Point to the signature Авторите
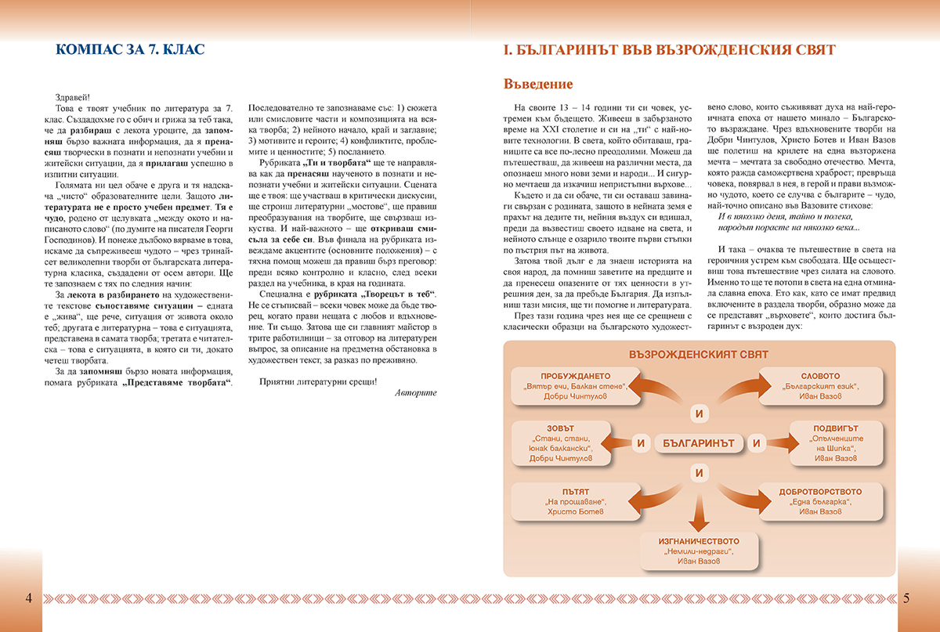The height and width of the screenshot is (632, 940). click(x=416, y=392)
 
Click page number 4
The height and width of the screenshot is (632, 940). click(x=28, y=598)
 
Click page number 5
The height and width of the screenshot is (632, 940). click(x=906, y=598)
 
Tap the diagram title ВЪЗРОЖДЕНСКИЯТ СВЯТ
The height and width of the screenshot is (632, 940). click(x=698, y=355)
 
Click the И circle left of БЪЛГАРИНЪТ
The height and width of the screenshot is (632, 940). click(x=640, y=443)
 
